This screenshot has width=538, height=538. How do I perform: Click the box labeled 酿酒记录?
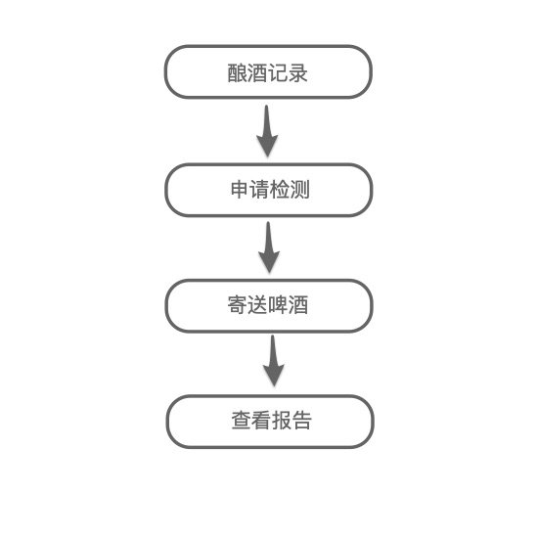tap(268, 72)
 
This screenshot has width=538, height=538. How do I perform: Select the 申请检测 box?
tap(269, 190)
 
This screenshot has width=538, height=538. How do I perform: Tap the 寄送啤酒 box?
tap(269, 306)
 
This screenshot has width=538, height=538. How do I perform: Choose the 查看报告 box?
tap(270, 422)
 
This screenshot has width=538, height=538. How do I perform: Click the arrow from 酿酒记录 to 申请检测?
tap(267, 131)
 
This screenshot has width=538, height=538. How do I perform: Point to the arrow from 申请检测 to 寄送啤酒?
tap(269, 247)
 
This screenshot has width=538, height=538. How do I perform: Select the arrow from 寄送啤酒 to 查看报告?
tap(274, 361)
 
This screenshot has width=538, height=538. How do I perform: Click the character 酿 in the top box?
tap(238, 72)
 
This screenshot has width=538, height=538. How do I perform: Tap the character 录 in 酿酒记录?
tap(297, 72)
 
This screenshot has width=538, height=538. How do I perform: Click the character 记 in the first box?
tap(278, 72)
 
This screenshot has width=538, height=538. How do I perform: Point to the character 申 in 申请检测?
tap(241, 189)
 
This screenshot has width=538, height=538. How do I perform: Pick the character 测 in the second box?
tap(300, 189)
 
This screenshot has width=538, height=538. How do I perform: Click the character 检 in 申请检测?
tap(281, 189)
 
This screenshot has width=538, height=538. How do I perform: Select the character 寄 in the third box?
tap(238, 304)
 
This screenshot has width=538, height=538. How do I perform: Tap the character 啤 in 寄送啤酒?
tap(278, 304)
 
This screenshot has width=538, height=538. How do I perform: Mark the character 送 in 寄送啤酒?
tap(257, 304)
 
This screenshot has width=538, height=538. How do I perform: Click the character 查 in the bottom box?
tap(242, 421)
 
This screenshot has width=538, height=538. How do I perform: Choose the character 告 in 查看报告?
tap(302, 421)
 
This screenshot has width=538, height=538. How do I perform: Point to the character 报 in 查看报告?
tap(282, 421)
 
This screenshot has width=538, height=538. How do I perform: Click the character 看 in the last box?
tap(261, 421)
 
